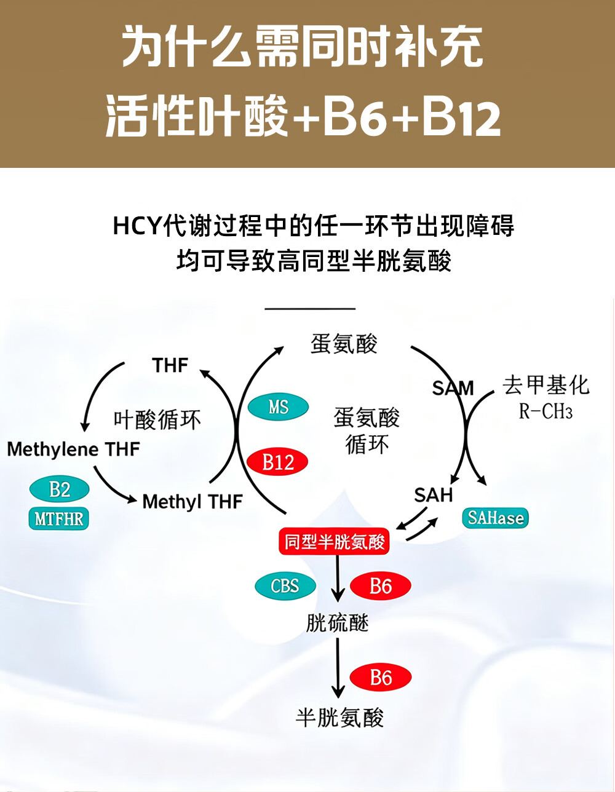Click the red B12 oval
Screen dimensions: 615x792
click(277, 462)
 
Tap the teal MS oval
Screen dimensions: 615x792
click(278, 407)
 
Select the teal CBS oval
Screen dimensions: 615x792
click(285, 586)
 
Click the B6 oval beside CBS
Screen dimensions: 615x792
click(380, 586)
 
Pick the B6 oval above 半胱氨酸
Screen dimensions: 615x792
click(381, 678)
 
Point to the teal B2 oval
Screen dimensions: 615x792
click(60, 489)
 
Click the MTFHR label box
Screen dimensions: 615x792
click(59, 518)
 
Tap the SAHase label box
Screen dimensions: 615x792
click(495, 518)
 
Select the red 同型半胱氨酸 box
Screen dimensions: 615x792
click(334, 542)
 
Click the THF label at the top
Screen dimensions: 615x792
click(170, 365)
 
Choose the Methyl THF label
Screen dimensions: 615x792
click(192, 502)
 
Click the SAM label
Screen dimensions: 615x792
click(453, 388)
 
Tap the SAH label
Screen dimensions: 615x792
click(433, 495)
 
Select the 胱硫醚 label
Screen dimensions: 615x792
click(337, 624)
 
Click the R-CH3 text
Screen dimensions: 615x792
click(546, 411)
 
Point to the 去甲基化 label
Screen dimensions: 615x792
click(546, 386)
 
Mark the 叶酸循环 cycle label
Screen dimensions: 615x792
click(157, 420)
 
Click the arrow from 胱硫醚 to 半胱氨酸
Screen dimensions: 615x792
click(337, 667)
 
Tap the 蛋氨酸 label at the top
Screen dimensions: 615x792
click(344, 344)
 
